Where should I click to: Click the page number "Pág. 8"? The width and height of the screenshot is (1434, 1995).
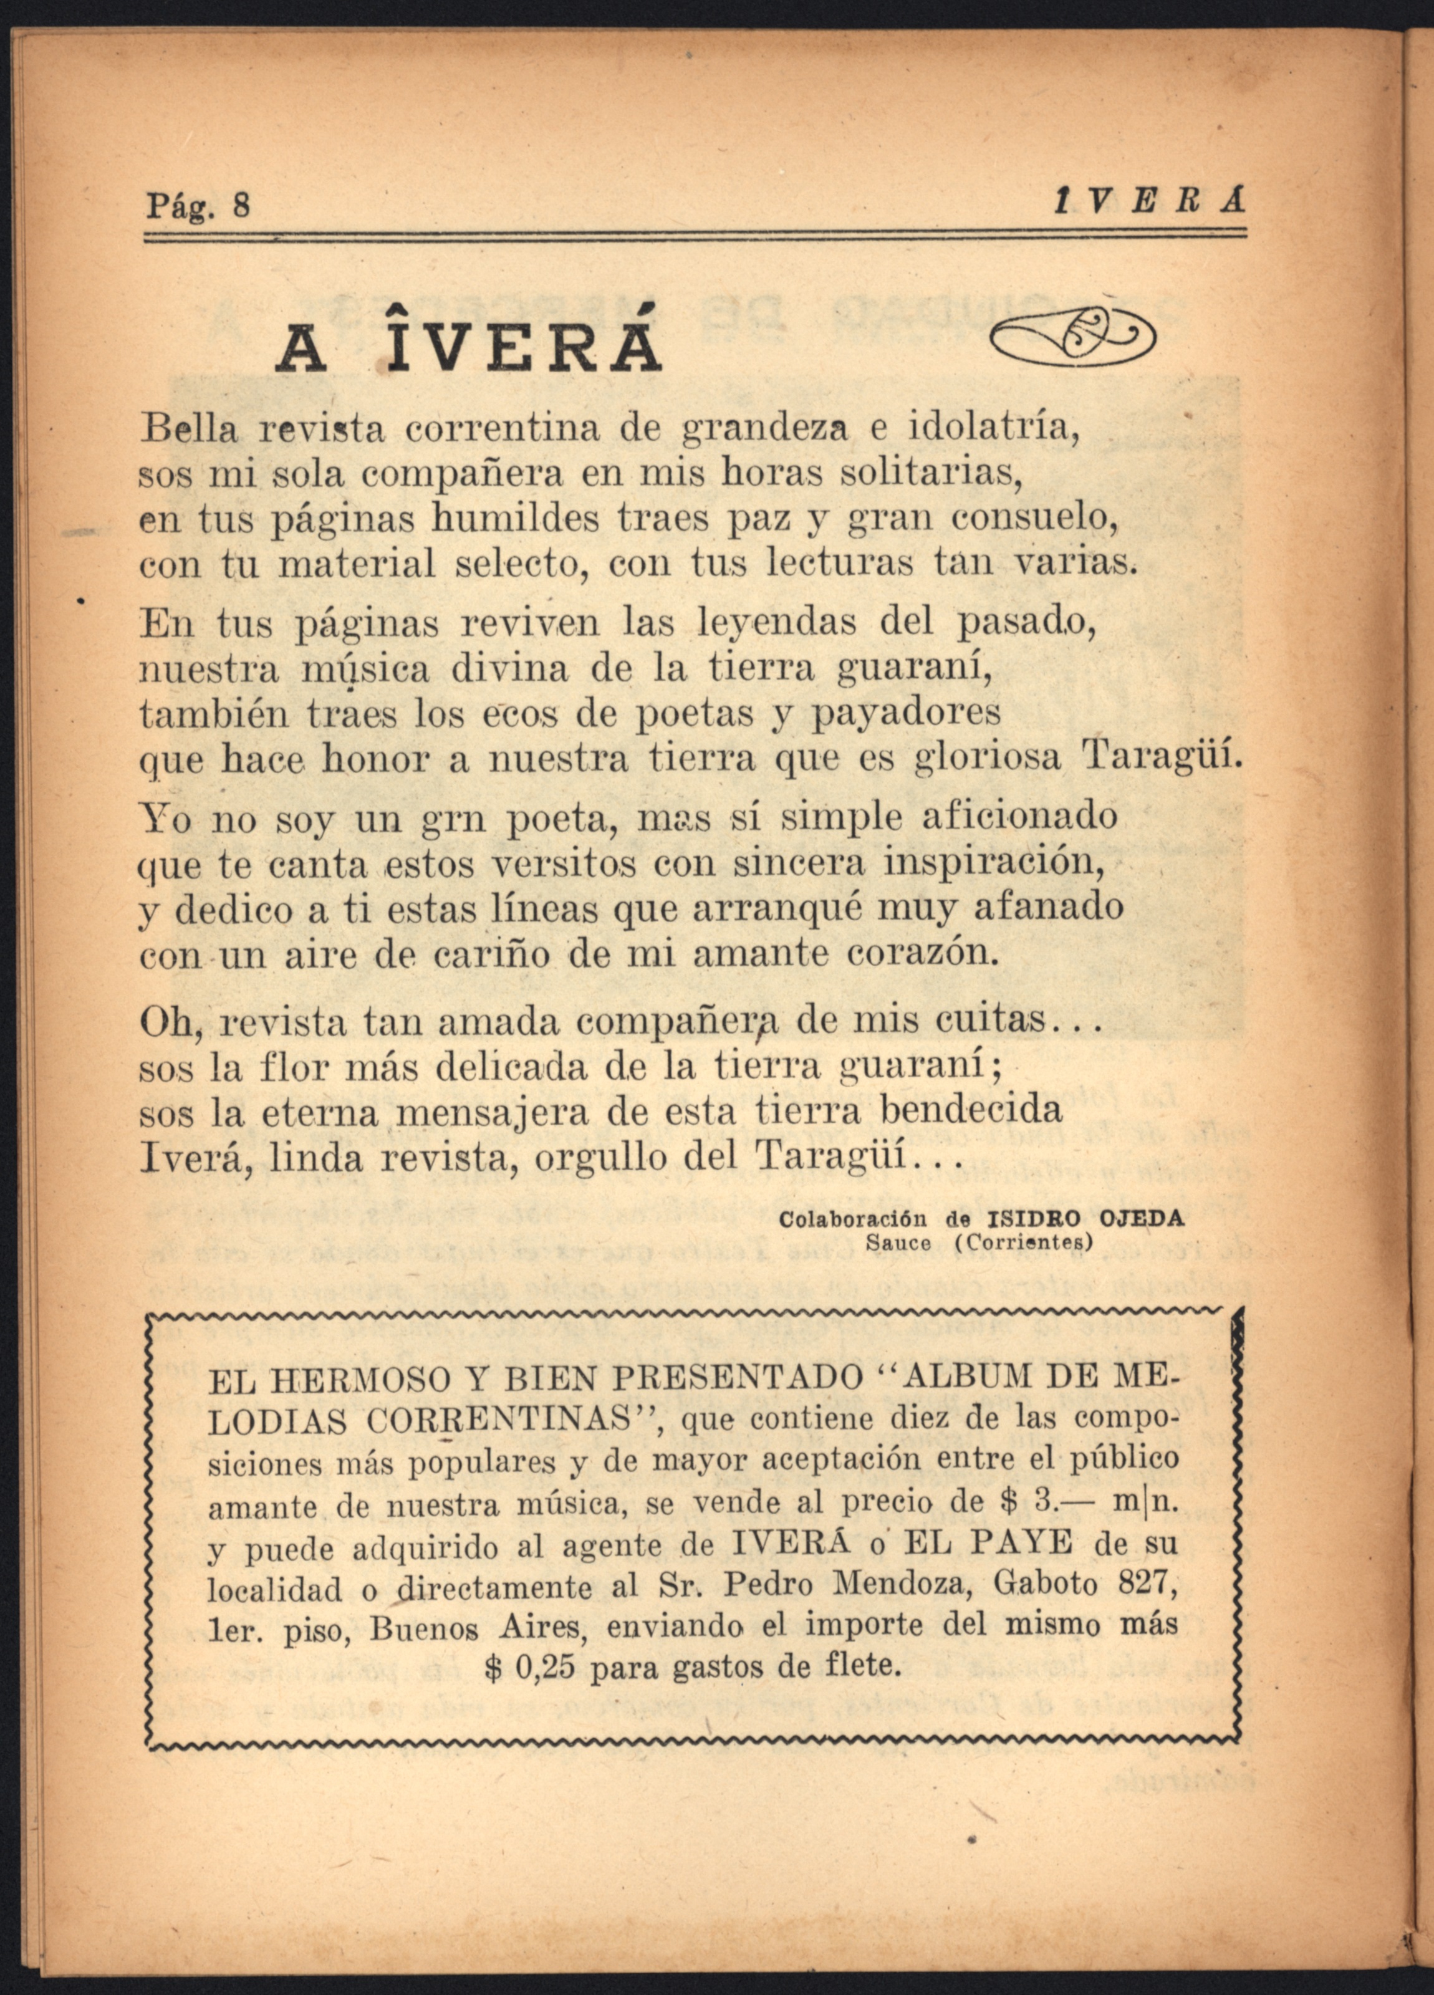tap(198, 205)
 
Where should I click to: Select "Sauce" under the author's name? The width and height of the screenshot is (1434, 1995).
tap(897, 1243)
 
